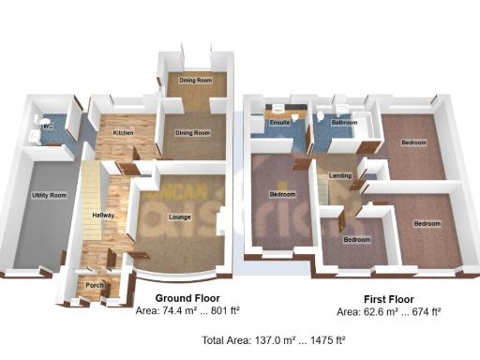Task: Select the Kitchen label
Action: point(123,133)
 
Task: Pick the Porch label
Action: point(95,285)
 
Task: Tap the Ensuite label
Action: point(278,123)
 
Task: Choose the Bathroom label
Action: point(344,122)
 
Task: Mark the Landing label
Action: point(340,175)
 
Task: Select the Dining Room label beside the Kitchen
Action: point(194,133)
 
